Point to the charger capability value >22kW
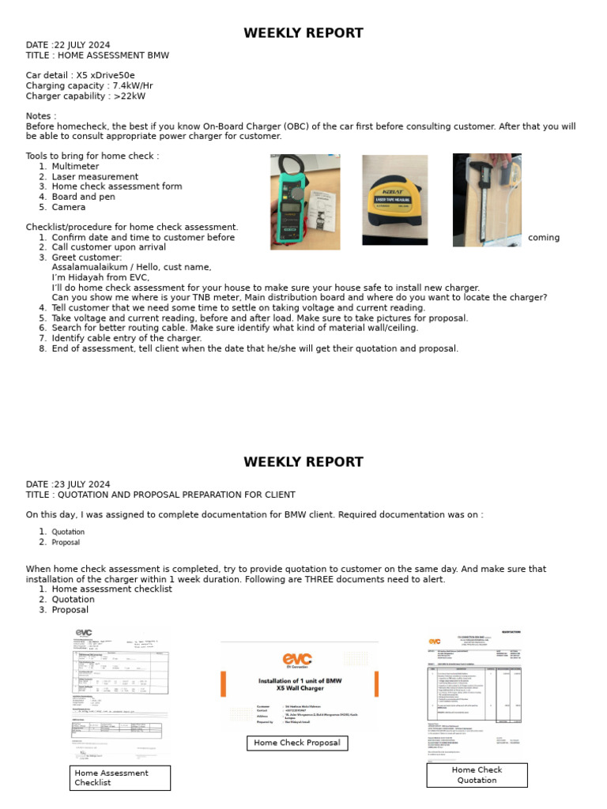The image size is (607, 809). coord(130,96)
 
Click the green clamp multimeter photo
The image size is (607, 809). coord(305,202)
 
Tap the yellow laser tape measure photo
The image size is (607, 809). coord(394,200)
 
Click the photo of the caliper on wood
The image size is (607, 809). coord(487,200)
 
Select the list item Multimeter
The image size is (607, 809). coord(75,167)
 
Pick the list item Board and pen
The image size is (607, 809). coord(83,197)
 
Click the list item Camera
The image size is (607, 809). coord(69,207)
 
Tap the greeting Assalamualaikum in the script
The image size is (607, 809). coord(88,268)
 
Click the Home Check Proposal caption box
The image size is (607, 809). coord(297,743)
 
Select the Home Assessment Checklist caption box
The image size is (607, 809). coord(120,777)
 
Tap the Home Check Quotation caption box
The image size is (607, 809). coord(477,774)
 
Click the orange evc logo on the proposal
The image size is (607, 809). coord(297,660)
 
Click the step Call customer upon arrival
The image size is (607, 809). coord(109,247)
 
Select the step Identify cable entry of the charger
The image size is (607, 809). coord(126,338)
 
